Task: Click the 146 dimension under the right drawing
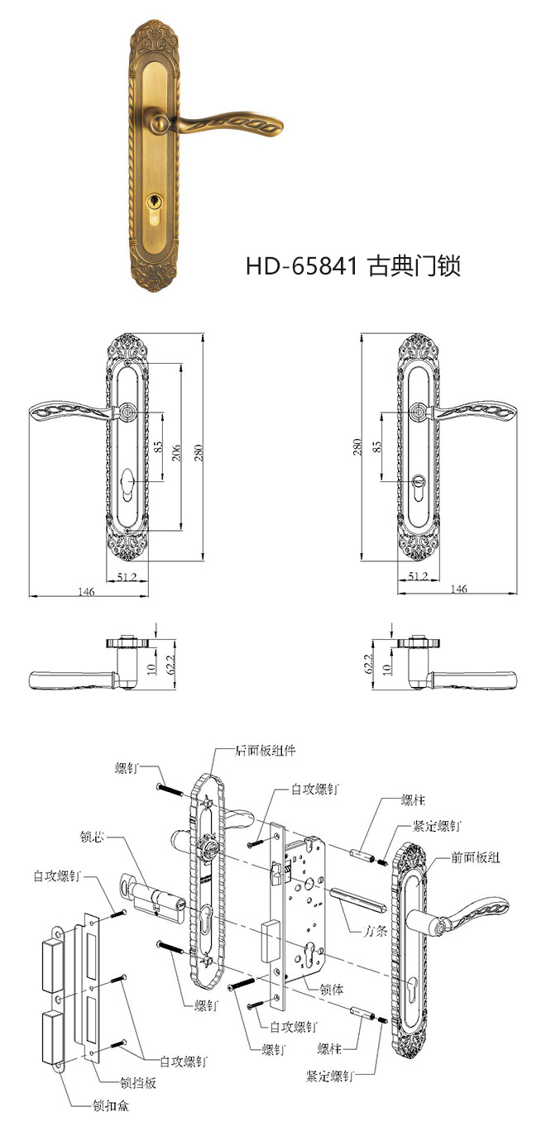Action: point(459,589)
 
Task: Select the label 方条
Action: point(376,930)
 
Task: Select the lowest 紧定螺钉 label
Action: point(330,1076)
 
